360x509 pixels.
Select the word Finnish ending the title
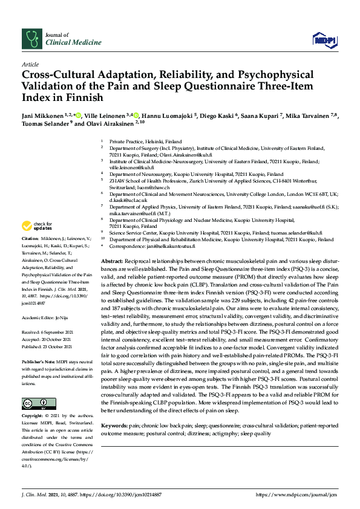tap(85, 97)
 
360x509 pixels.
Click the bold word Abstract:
tap(113, 259)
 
